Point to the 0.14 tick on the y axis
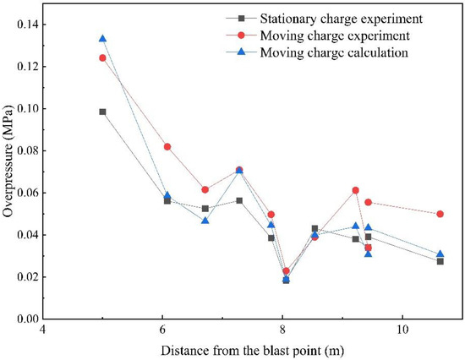33,25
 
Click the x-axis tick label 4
43,330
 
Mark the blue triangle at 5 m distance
102,39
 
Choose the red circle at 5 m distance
102,58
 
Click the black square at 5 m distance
102,112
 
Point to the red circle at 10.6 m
440,214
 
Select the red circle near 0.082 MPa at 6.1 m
167,146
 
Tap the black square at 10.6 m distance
440,261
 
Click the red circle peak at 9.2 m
356,190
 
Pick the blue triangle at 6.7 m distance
205,221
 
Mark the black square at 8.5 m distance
315,228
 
